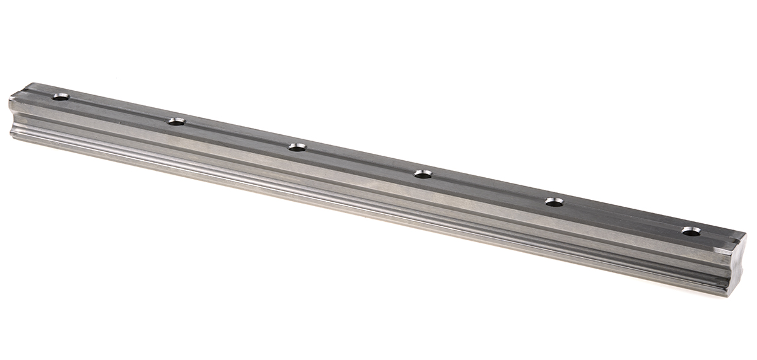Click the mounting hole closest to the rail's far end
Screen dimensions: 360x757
[x=61, y=97]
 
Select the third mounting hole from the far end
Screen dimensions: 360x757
[x=296, y=147]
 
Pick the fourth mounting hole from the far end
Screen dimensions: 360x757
[x=423, y=173]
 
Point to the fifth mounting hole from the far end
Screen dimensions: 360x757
[x=554, y=202]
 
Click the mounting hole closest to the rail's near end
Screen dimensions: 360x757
[x=691, y=231]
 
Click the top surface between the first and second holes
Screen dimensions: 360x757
[x=119, y=109]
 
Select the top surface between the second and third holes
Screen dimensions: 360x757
[x=237, y=134]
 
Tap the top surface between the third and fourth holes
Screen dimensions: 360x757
[x=360, y=160]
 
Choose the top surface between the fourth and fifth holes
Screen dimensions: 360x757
[x=488, y=187]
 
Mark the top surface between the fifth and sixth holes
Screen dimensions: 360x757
[x=623, y=216]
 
